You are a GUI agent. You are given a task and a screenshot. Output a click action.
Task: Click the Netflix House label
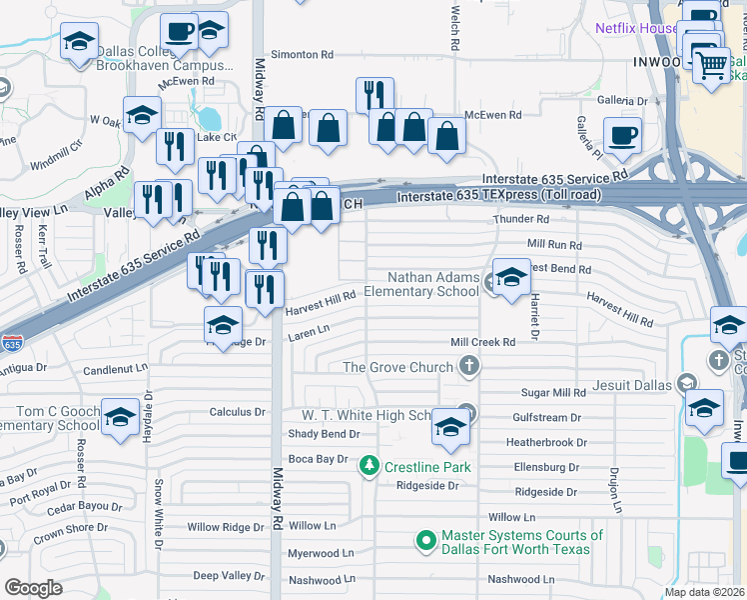636,28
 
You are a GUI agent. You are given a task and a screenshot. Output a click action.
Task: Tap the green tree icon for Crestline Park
369,466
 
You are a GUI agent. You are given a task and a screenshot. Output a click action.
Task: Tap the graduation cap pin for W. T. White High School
451,427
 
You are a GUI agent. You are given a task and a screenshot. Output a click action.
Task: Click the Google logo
33,588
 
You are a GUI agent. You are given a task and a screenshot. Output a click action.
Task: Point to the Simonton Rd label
301,54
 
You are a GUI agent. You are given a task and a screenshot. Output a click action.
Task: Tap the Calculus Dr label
237,411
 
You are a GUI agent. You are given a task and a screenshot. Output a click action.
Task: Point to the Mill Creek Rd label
482,342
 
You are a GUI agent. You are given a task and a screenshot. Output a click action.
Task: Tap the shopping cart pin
711,67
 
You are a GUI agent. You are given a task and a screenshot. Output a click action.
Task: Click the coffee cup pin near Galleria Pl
623,136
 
